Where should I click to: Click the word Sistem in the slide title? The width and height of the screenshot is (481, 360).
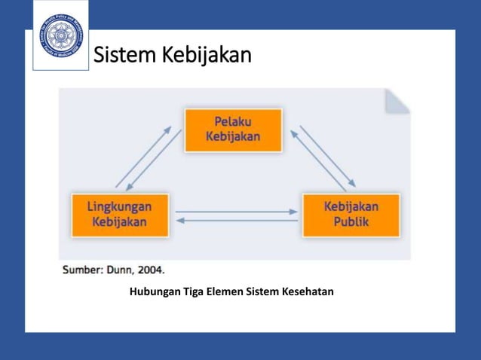click(x=124, y=56)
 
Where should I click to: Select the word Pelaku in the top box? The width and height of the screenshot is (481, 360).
click(x=233, y=121)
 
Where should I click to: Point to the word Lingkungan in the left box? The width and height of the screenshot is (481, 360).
click(x=119, y=206)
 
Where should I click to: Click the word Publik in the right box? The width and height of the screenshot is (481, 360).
click(x=351, y=222)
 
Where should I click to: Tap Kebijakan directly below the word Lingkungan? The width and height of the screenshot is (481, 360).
click(x=119, y=222)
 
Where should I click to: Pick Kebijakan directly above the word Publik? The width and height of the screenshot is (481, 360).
click(x=351, y=206)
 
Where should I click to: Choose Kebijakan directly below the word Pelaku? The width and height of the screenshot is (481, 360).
click(x=233, y=137)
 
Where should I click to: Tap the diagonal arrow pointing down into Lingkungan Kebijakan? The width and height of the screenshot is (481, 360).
click(x=153, y=161)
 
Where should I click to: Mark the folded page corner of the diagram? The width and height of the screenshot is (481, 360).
click(x=397, y=101)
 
